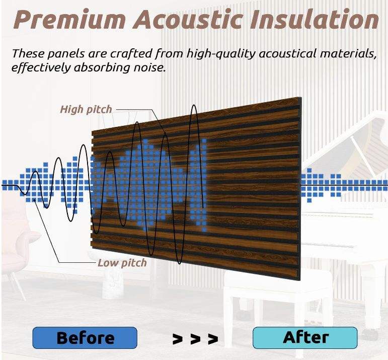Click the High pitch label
[x=86, y=109]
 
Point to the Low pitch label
[x=122, y=262]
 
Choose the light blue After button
[x=305, y=337]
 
